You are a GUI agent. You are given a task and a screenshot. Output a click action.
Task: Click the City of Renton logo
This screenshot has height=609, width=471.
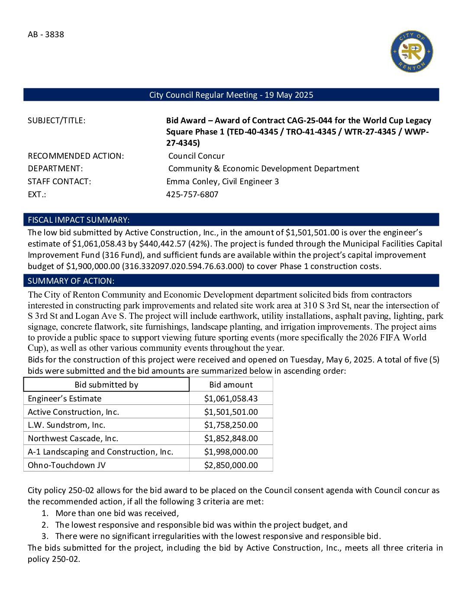point(411,51)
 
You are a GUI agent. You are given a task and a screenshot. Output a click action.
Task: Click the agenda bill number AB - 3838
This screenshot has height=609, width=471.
point(46,35)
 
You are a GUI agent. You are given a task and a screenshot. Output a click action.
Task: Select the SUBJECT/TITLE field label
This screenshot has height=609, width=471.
point(57,121)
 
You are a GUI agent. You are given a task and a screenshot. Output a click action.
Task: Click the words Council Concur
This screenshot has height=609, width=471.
point(197,156)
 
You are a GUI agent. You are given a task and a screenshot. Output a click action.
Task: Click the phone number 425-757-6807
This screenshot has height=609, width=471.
point(192,195)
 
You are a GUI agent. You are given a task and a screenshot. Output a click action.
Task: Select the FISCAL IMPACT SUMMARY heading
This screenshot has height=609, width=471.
point(78,220)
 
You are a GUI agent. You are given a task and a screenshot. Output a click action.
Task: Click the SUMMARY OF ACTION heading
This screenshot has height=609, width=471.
point(71,281)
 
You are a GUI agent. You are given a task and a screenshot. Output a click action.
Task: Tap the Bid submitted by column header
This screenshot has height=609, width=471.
point(106,385)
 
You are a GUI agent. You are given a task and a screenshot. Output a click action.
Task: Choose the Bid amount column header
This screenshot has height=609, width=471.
point(231,385)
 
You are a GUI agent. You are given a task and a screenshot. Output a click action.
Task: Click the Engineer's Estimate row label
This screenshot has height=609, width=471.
point(65,399)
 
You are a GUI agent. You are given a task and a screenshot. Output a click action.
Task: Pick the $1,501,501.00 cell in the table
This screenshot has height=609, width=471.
point(231,412)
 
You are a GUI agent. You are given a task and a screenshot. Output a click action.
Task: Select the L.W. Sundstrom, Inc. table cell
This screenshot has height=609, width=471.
point(67,425)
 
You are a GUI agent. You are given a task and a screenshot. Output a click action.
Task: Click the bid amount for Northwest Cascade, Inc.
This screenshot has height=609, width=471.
point(231,439)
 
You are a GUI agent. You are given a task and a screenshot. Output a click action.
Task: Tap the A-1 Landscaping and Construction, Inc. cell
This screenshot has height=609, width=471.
point(100,452)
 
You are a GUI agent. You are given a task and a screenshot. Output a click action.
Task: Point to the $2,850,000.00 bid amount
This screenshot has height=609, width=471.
point(231,465)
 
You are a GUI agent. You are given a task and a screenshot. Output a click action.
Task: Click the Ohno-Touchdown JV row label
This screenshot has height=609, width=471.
point(67,465)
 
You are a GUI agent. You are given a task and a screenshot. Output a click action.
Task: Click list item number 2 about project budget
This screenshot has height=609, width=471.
point(201,525)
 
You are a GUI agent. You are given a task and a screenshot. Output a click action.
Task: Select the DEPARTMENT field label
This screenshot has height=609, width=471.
point(55,169)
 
